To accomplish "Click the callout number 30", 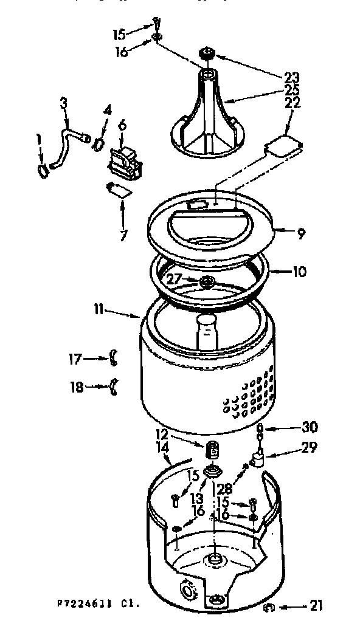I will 310,426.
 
